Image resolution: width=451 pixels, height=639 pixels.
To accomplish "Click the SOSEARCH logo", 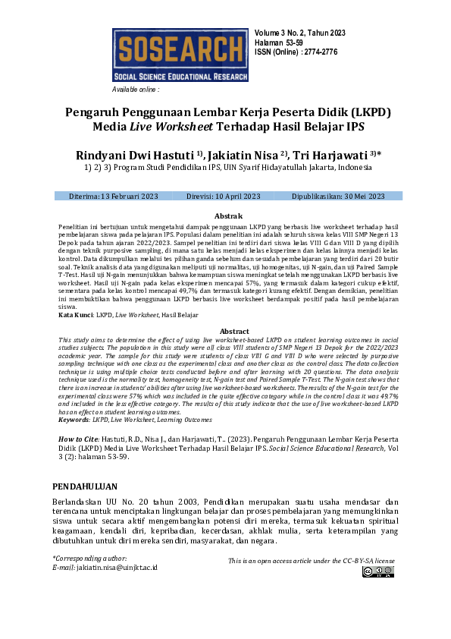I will point(180,55).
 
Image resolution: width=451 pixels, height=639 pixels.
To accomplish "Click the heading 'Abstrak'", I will point(228,216).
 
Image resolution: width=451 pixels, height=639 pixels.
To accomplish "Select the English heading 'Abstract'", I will point(233,332).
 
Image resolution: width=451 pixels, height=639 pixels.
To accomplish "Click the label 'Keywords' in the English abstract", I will point(74,419).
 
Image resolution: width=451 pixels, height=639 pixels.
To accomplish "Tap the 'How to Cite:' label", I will point(80,439).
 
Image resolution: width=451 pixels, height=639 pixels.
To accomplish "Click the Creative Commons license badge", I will point(377,571).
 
